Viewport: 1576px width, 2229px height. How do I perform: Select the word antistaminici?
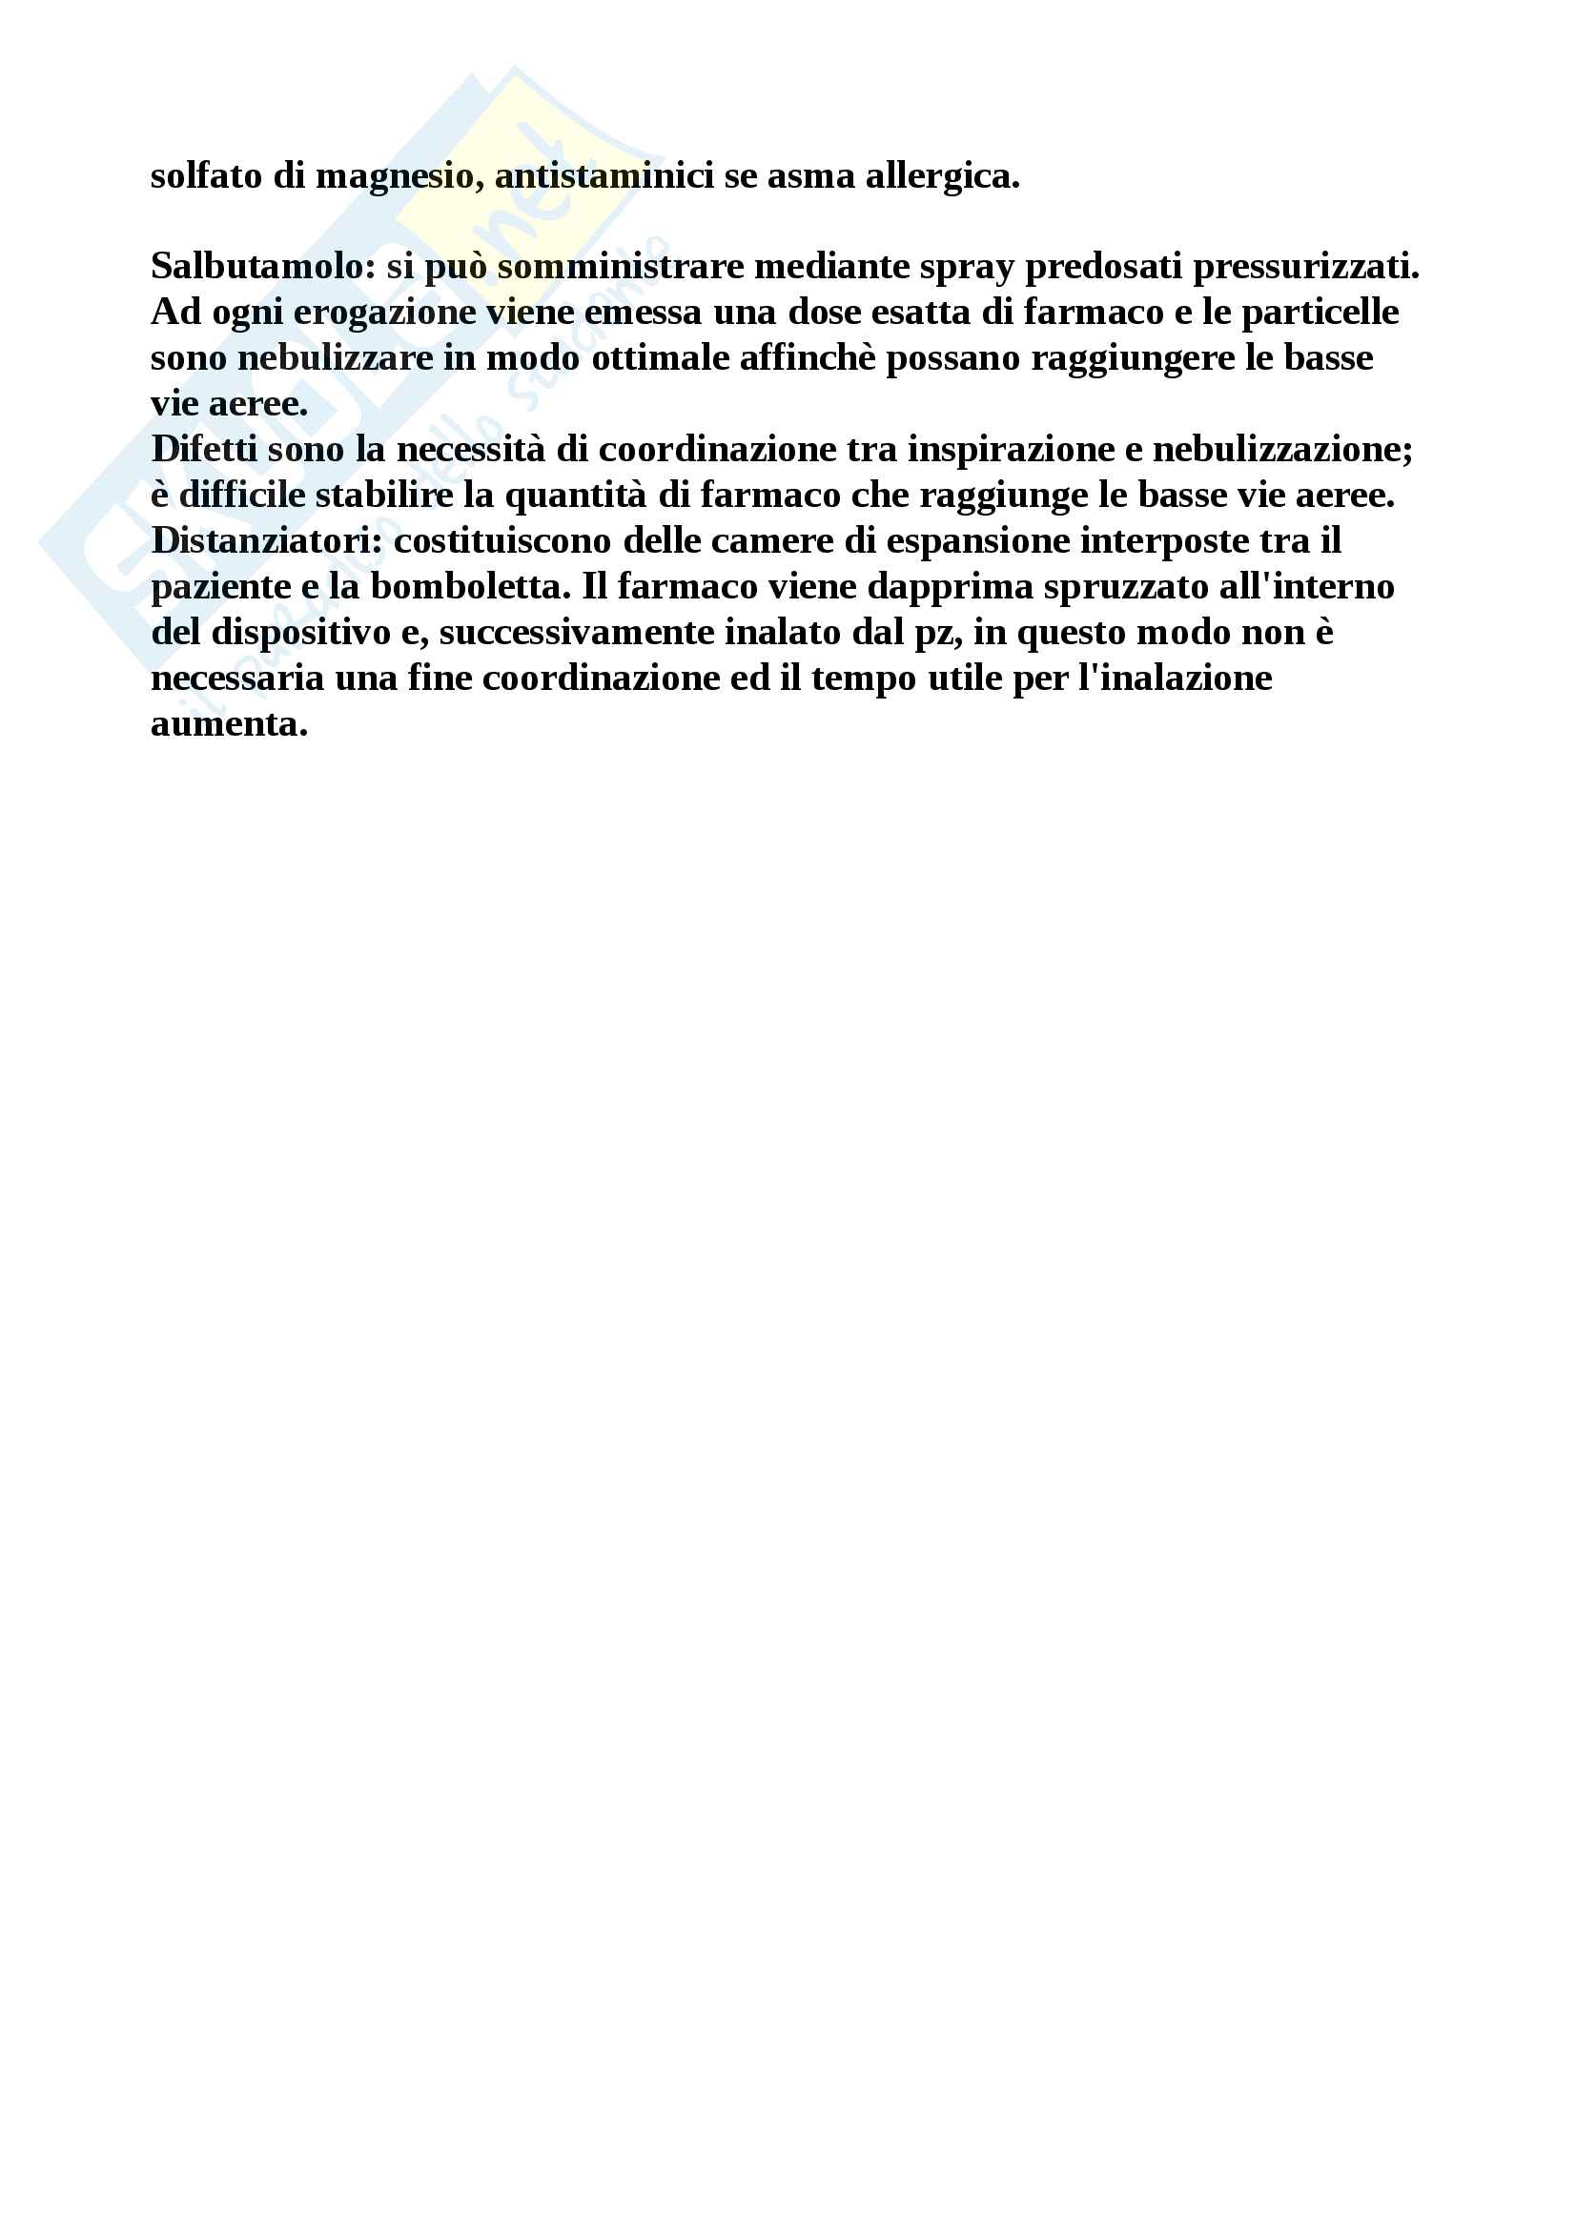pos(604,175)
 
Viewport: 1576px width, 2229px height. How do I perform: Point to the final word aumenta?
pos(229,724)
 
